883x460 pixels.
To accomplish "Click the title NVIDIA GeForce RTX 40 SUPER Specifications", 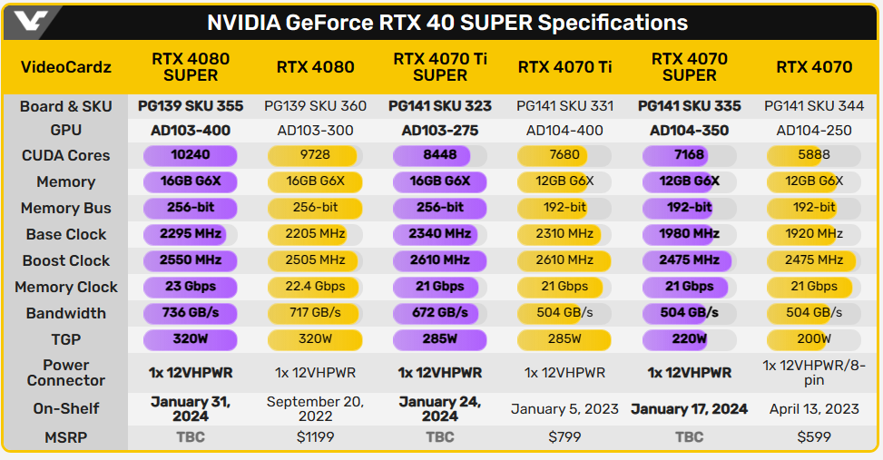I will [447, 23].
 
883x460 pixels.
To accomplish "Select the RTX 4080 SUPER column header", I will [191, 66].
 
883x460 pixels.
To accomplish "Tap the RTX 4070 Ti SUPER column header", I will [440, 66].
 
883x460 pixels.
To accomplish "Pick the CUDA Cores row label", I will [65, 155].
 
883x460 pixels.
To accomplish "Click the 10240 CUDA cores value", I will [191, 155].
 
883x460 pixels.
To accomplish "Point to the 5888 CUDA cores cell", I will [814, 155].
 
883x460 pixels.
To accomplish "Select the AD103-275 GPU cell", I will [440, 131].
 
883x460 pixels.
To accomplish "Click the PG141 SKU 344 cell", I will [814, 106].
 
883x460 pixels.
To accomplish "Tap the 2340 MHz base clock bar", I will [440, 234].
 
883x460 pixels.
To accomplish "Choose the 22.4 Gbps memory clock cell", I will [315, 287].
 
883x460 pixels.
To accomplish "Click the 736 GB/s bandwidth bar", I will [191, 313].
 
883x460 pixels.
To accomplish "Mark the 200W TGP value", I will [814, 339].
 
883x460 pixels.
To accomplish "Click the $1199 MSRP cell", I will [315, 436].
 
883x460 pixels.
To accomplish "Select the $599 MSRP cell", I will [814, 436].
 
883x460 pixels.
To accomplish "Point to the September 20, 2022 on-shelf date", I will [315, 408].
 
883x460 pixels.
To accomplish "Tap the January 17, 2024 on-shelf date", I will [690, 408].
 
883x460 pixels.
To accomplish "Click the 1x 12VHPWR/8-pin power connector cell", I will [814, 372].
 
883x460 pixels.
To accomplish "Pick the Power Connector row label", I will [65, 372].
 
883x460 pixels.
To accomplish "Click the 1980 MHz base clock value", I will [690, 234].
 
